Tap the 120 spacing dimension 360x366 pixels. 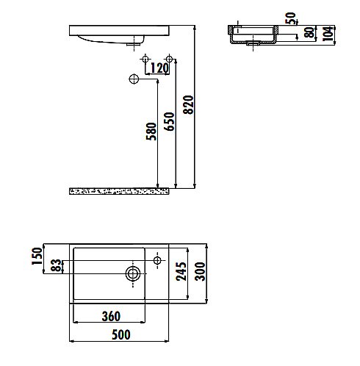coord(158,69)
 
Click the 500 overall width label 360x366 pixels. coord(120,335)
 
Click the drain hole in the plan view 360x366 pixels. coord(133,275)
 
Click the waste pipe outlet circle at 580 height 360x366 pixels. coord(134,79)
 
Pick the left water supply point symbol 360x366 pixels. coord(146,57)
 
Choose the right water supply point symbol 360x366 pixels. coord(170,57)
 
